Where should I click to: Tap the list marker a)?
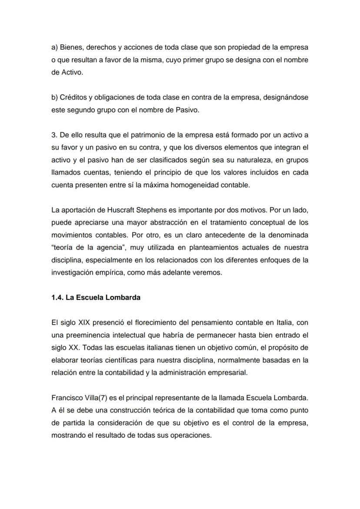tap(55, 47)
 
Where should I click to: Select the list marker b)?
tap(55, 97)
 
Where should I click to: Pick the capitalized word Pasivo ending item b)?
tap(187, 110)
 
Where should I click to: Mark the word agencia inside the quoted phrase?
tap(110, 248)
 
